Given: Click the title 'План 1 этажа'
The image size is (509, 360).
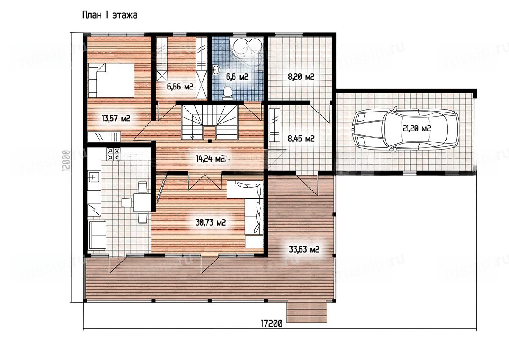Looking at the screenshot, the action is coord(109,15).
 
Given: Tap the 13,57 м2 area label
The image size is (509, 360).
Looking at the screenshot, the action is coord(116,118).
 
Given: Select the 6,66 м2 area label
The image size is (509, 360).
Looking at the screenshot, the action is coord(180,87).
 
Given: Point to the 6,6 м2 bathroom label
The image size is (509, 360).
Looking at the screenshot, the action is coord(237,77).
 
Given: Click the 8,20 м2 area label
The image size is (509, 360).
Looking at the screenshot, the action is coord(301,77).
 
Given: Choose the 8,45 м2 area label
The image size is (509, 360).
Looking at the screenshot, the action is coord(301,138).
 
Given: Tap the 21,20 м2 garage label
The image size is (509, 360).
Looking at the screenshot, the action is coord(417,128).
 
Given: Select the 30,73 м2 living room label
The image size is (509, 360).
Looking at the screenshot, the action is coord(211,222).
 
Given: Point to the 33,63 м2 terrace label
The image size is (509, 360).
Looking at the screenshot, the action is coord(304,250).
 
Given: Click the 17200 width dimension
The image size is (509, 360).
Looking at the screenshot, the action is coord(272,324).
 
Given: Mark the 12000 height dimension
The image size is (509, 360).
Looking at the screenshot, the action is coord(66,161).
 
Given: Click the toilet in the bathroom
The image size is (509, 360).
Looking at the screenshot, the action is coord(228,93).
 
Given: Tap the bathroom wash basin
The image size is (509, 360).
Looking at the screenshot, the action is coord(216,70).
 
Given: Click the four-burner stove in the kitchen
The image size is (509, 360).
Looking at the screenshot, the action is coord(114,154).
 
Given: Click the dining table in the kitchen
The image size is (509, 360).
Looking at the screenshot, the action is coord(142,202).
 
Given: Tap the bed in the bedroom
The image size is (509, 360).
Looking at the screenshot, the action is coord(111,80).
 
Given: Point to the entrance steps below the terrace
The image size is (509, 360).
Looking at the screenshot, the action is coord(307,312).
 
